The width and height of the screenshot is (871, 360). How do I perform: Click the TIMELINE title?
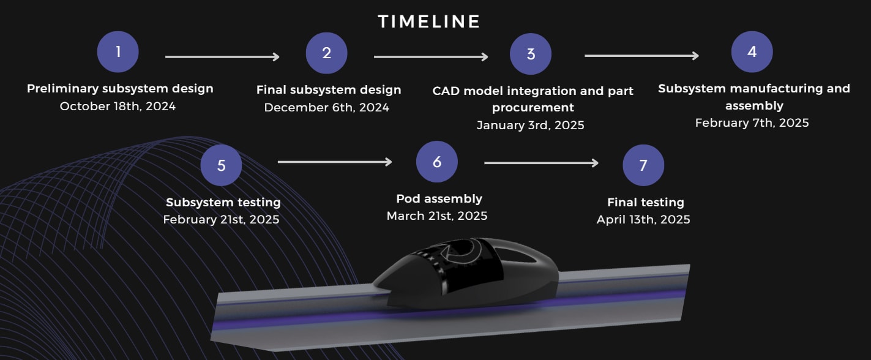(429, 21)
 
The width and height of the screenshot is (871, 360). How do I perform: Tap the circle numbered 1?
(118, 51)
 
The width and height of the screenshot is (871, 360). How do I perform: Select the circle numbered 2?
(327, 53)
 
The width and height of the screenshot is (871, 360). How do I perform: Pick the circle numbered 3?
(531, 54)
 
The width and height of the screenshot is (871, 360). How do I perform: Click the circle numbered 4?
(752, 51)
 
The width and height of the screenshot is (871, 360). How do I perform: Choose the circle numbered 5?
(221, 165)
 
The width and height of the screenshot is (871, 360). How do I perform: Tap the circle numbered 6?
(436, 162)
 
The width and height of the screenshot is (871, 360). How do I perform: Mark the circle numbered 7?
(643, 165)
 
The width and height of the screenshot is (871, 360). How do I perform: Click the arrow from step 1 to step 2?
(222, 57)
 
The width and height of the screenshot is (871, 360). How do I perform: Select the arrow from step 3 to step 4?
(642, 56)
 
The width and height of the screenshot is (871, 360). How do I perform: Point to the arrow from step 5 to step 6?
(335, 162)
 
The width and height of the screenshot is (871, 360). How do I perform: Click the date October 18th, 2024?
(118, 106)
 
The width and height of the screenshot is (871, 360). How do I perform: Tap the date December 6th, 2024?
(327, 107)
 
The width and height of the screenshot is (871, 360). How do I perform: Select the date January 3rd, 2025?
(531, 125)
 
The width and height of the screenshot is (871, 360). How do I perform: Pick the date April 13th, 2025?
(643, 220)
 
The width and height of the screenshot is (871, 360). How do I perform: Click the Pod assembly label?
(439, 198)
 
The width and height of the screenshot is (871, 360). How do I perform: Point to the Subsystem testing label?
(223, 202)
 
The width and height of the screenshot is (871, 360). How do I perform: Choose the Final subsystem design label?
(329, 90)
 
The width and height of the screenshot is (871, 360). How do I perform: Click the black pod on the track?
(466, 274)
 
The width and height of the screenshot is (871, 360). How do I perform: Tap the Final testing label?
(646, 202)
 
